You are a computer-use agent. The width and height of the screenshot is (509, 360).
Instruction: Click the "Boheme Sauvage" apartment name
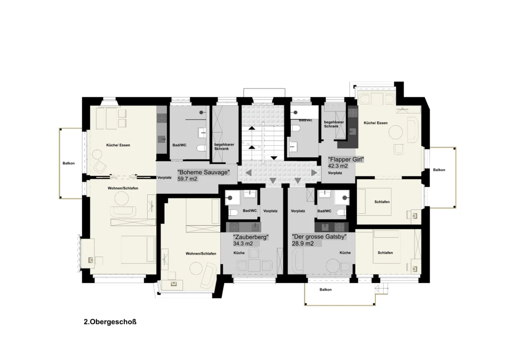pyautogui.click(x=203, y=173)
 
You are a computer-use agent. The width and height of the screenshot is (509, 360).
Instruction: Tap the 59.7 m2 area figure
pyautogui.click(x=187, y=179)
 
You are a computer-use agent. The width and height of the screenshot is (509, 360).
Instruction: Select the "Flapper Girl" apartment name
pyautogui.click(x=346, y=160)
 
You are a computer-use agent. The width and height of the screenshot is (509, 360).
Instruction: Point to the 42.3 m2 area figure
pyautogui.click(x=338, y=166)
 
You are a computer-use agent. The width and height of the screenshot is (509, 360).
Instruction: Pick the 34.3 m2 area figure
pyautogui.click(x=243, y=244)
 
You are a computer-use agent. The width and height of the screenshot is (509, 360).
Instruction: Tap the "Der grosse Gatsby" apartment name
pyautogui.click(x=319, y=237)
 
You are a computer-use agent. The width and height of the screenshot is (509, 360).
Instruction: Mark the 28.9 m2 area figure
pyautogui.click(x=303, y=244)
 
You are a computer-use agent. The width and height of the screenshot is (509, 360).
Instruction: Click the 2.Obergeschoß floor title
pyautogui.click(x=110, y=322)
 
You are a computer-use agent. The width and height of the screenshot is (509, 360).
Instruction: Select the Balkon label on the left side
pyautogui.click(x=69, y=163)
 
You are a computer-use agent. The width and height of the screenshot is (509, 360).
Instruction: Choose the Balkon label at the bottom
pyautogui.click(x=326, y=289)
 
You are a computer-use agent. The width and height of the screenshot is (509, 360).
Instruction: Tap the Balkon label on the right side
pyautogui.click(x=439, y=170)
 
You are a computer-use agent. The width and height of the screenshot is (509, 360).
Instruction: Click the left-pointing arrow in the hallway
pyautogui.click(x=248, y=173)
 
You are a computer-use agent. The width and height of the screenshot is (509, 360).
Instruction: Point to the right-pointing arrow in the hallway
pyautogui.click(x=314, y=173)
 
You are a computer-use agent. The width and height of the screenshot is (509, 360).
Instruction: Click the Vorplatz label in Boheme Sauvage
pyautogui.click(x=164, y=178)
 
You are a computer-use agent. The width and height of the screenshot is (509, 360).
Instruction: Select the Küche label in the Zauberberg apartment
pyautogui.click(x=239, y=253)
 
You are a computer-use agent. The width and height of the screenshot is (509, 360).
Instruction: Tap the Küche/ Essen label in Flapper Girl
pyautogui.click(x=376, y=123)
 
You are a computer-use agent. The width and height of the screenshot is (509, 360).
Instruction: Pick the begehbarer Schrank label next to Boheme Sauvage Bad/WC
pyautogui.click(x=224, y=146)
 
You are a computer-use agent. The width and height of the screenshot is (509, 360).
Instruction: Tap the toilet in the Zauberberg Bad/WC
pyautogui.click(x=233, y=213)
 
